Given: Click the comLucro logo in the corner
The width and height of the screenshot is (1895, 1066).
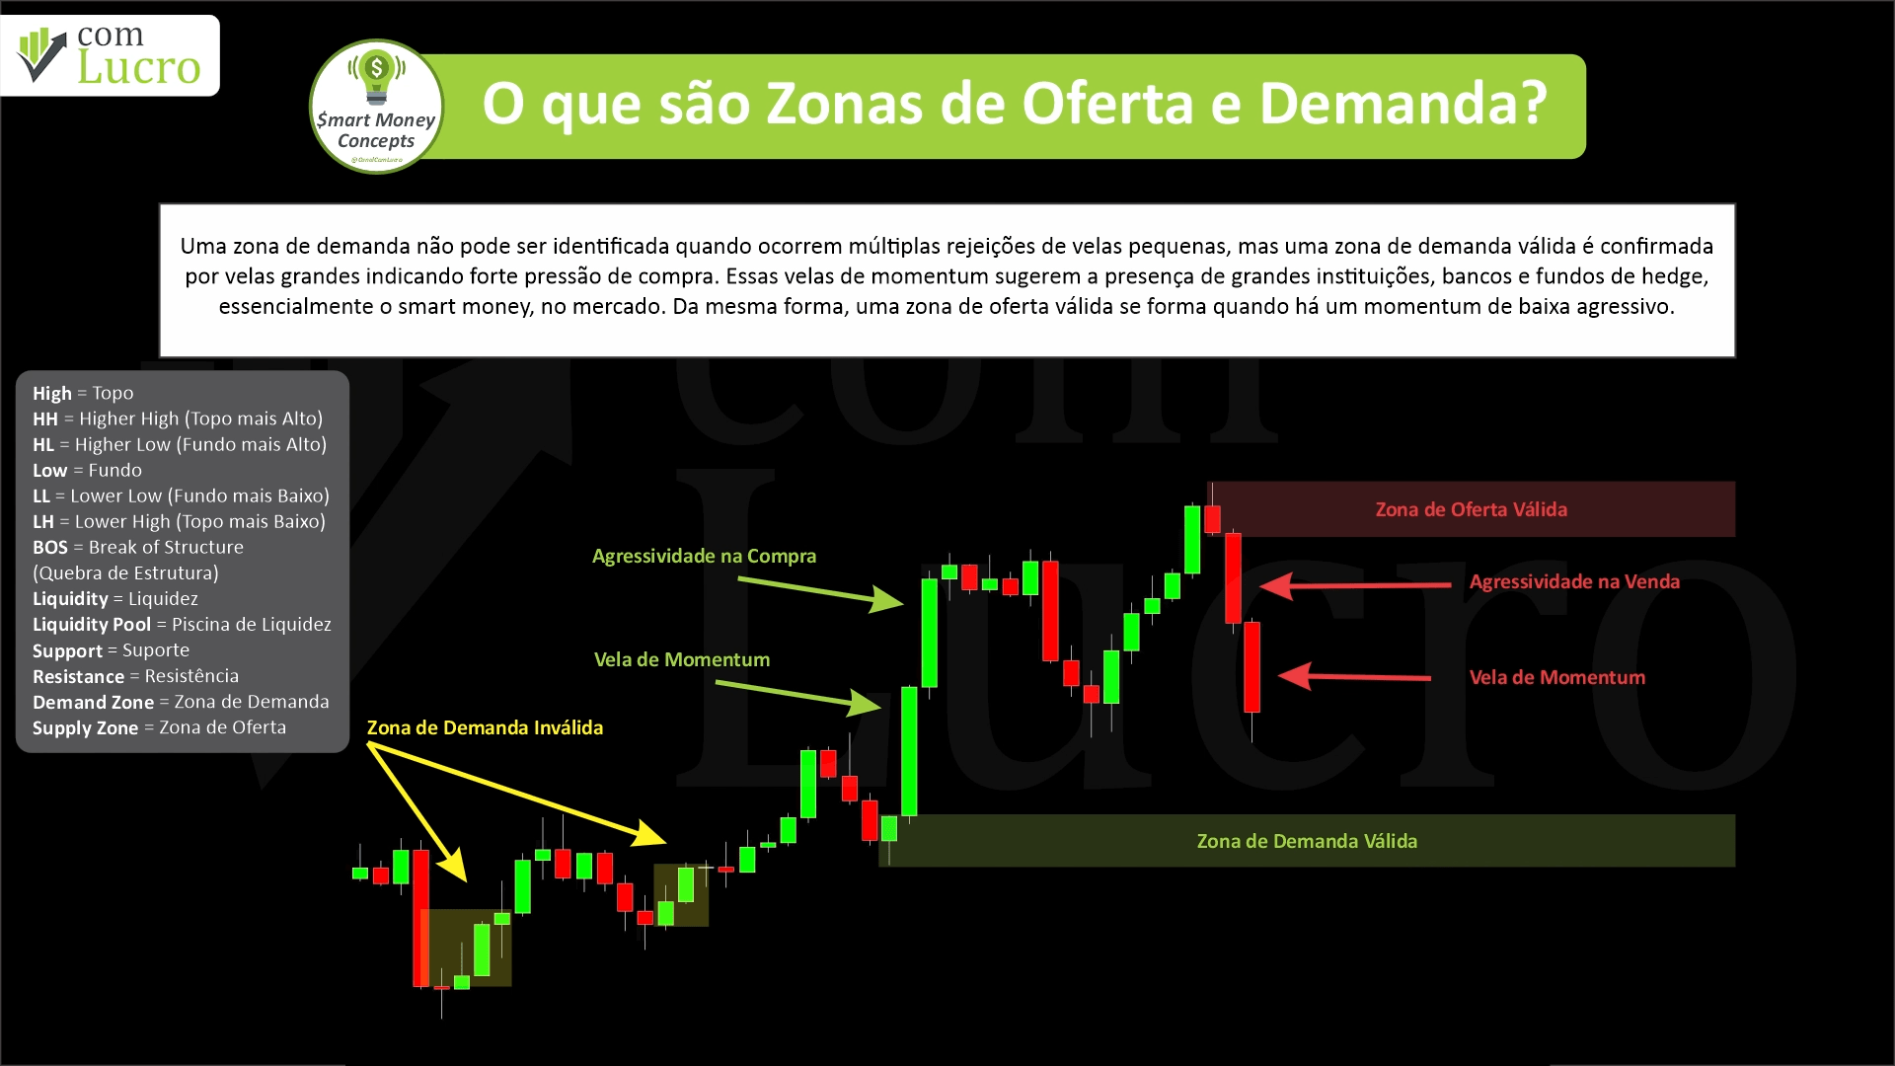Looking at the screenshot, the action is pyautogui.click(x=110, y=55).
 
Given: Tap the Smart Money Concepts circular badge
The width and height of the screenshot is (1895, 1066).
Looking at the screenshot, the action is pyautogui.click(x=376, y=107).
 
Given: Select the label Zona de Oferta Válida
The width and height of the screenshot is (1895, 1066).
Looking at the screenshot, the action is pyautogui.click(x=1471, y=509).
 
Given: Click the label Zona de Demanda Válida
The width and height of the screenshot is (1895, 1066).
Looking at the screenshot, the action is pyautogui.click(x=1307, y=841).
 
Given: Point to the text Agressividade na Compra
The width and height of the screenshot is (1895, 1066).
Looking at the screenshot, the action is pyautogui.click(x=704, y=556).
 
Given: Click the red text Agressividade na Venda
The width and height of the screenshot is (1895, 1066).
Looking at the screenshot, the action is pyautogui.click(x=1574, y=581).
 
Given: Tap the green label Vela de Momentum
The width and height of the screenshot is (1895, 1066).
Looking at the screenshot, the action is pyautogui.click(x=682, y=659).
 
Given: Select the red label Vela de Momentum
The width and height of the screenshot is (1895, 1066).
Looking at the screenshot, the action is pyautogui.click(x=1557, y=677).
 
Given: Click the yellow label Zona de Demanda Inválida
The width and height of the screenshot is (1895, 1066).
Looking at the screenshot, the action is pyautogui.click(x=485, y=727).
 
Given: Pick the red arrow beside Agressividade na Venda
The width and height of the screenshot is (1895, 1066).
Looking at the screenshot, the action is pyautogui.click(x=1355, y=585).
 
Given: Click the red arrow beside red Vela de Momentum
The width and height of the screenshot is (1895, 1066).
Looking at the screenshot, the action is pyautogui.click(x=1354, y=676).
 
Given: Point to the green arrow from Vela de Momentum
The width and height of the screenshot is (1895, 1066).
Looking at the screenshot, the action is pyautogui.click(x=798, y=695).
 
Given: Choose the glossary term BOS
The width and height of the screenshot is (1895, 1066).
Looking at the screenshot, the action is pyautogui.click(x=50, y=547).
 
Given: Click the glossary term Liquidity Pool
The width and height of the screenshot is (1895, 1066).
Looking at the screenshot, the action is pyautogui.click(x=92, y=624).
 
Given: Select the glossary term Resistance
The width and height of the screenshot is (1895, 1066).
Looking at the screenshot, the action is pyautogui.click(x=78, y=676).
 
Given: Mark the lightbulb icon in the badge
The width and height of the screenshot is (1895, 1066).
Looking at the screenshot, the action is pyautogui.click(x=376, y=77).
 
